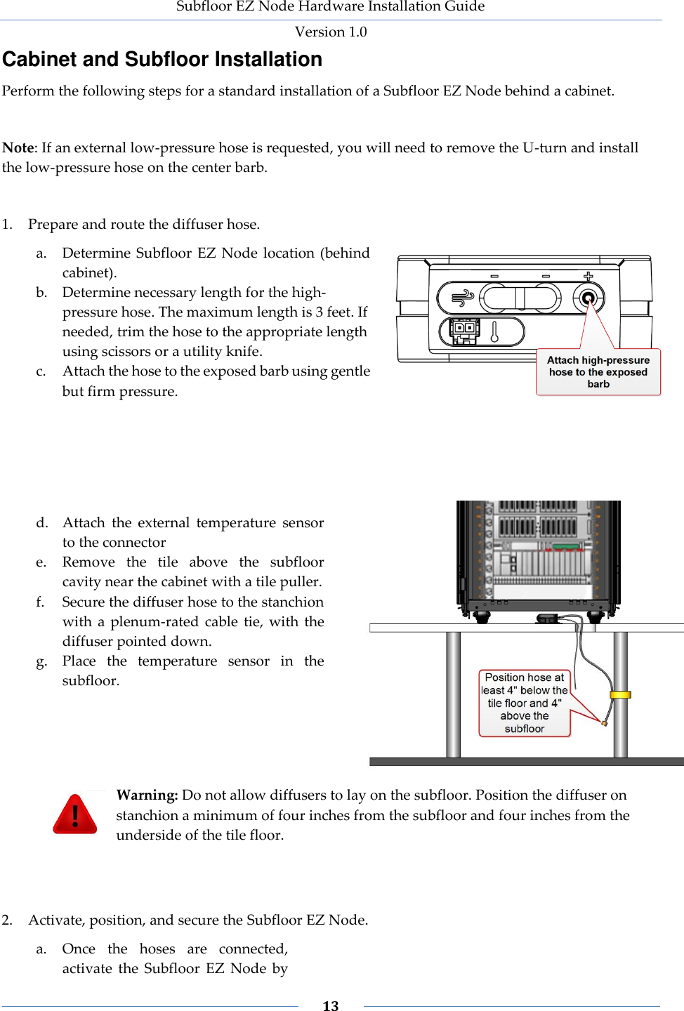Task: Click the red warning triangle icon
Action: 75,814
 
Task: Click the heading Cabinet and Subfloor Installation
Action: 162,60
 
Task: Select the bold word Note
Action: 18,147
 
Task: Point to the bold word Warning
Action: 147,795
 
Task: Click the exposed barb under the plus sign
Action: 588,298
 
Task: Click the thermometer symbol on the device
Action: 494,331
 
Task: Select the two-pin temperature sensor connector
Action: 463,331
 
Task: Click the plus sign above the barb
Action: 588,276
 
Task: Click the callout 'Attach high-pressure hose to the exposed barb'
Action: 598,372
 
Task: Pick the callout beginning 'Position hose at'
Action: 525,703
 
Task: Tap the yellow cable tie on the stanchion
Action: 621,694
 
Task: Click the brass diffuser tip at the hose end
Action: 604,722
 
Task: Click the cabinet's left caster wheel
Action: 482,617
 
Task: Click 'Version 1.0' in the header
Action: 331,32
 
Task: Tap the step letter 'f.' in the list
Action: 41,602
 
